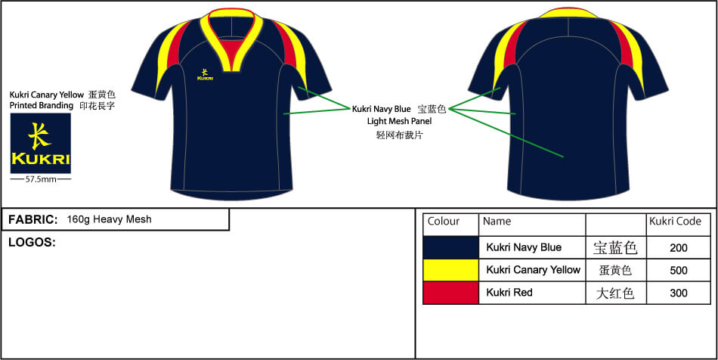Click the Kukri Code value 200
(x=678, y=247)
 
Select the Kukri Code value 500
(x=678, y=270)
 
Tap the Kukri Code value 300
(x=678, y=293)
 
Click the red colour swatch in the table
(x=450, y=293)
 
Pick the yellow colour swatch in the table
(x=450, y=270)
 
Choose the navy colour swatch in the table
(x=450, y=247)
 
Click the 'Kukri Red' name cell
(x=509, y=293)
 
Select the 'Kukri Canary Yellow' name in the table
(x=533, y=270)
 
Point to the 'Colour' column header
(x=444, y=222)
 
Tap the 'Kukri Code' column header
(x=676, y=222)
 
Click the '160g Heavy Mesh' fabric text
(x=109, y=219)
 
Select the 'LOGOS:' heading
(x=32, y=242)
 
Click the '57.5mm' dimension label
(x=40, y=180)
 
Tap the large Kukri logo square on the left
(x=40, y=143)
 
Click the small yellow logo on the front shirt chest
(x=204, y=73)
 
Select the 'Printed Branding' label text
(x=42, y=106)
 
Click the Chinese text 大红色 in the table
(x=614, y=293)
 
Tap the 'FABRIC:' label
(x=32, y=219)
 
